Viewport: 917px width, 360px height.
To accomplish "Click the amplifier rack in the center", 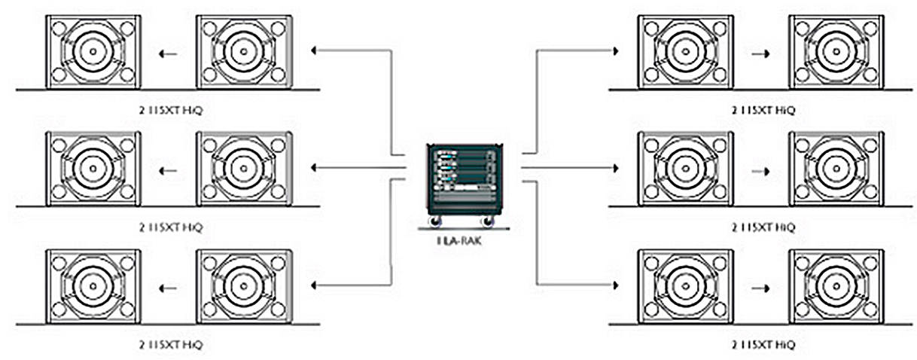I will (x=462, y=177).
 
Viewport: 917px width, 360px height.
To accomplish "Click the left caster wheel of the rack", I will (x=434, y=222).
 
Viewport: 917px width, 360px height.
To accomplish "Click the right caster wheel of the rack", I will (x=489, y=222).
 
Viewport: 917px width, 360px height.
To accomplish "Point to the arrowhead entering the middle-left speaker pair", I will (x=314, y=167).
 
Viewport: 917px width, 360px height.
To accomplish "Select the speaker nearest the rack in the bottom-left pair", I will (x=243, y=286).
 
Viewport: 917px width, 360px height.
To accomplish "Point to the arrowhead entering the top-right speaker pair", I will (x=616, y=51).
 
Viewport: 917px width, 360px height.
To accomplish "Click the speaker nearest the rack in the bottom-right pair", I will (x=685, y=286).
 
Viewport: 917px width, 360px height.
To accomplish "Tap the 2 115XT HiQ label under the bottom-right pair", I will (x=763, y=345).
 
